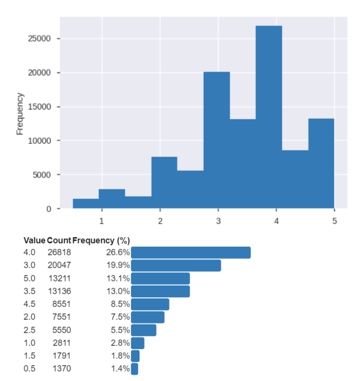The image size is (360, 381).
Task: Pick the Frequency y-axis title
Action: tap(20, 113)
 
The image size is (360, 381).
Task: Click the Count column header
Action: tap(59, 241)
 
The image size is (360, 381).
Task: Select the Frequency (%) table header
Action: tap(101, 241)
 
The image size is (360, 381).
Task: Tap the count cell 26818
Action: tap(59, 252)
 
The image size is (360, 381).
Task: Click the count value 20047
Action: tap(59, 265)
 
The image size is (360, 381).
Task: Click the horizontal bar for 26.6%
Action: tap(190, 252)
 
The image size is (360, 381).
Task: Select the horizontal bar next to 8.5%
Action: tap(150, 304)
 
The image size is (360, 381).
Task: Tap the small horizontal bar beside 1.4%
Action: tap(134, 369)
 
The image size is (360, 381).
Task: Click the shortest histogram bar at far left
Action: tap(86, 204)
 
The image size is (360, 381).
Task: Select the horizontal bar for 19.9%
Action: tap(176, 265)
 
